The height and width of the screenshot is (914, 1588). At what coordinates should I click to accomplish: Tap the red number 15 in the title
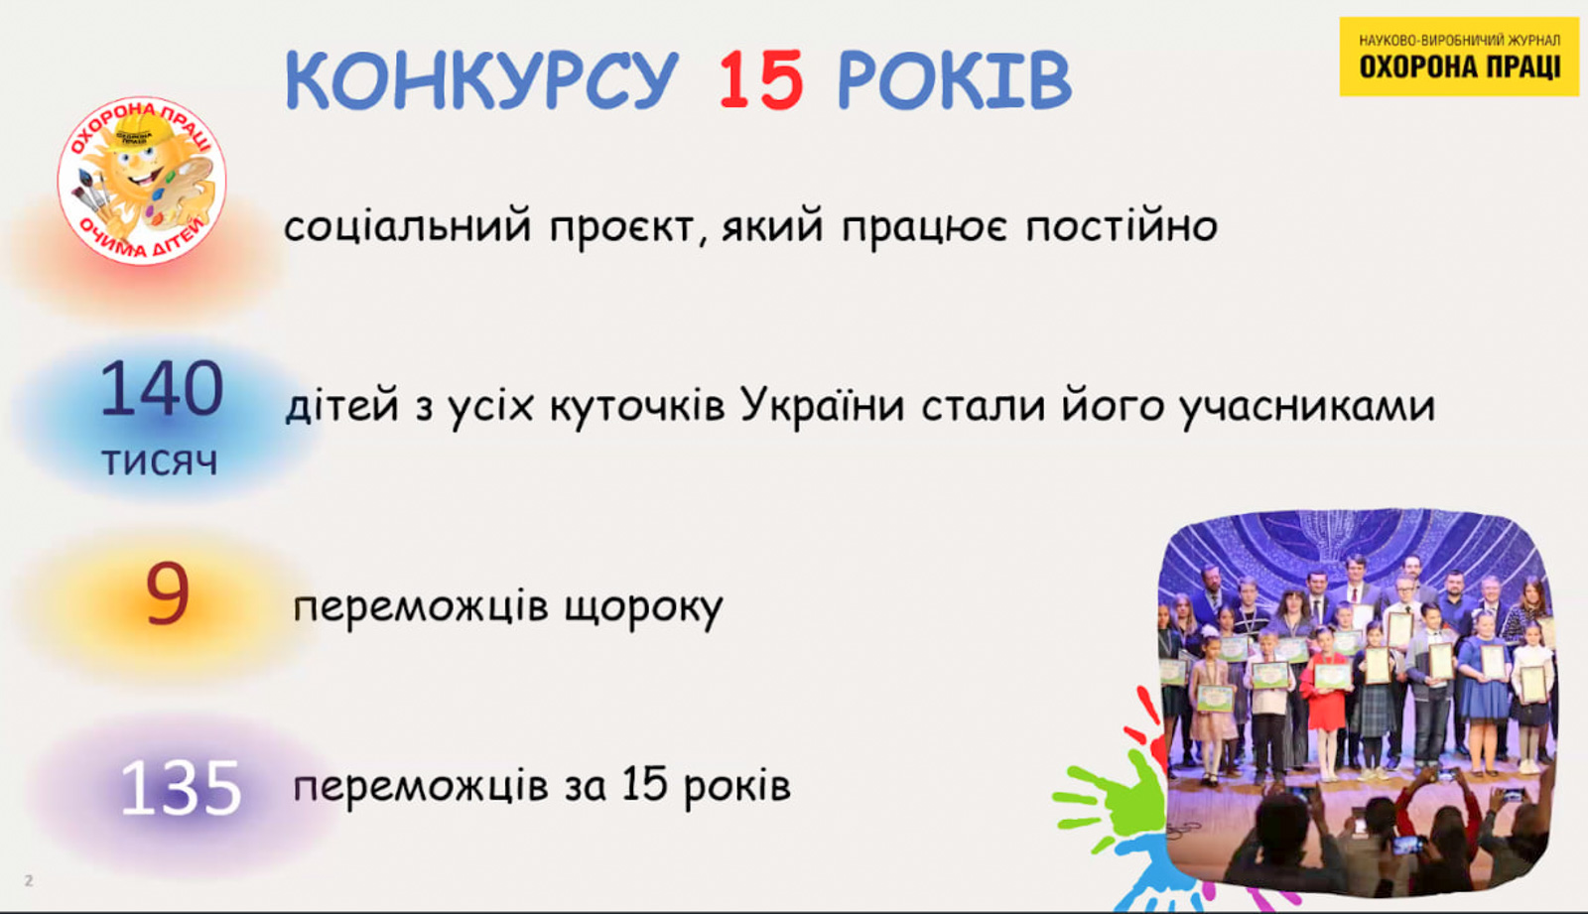pyautogui.click(x=761, y=79)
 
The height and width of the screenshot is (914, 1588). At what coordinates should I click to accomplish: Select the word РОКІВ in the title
pyautogui.click(x=954, y=79)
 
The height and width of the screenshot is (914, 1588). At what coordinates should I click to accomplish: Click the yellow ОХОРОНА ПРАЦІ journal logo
pyautogui.click(x=1459, y=57)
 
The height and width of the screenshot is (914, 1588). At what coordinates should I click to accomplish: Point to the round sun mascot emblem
pyautogui.click(x=142, y=181)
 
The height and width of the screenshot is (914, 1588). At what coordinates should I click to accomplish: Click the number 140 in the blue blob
pyautogui.click(x=162, y=389)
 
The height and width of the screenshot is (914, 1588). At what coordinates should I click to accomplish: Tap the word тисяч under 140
pyautogui.click(x=160, y=461)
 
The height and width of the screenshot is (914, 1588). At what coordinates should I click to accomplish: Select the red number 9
pyautogui.click(x=168, y=593)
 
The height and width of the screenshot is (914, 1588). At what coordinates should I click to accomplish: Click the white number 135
pyautogui.click(x=181, y=788)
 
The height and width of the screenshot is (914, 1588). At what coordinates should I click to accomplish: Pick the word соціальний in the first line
pyautogui.click(x=408, y=225)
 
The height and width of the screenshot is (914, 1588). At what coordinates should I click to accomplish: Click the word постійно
pyautogui.click(x=1122, y=225)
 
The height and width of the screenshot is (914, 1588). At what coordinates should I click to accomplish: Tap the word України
pyautogui.click(x=823, y=406)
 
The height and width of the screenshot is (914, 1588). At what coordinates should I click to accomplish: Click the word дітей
pyautogui.click(x=342, y=406)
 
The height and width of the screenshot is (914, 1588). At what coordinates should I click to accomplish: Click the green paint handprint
pyautogui.click(x=1113, y=798)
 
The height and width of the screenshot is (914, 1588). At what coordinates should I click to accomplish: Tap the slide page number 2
pyautogui.click(x=29, y=880)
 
